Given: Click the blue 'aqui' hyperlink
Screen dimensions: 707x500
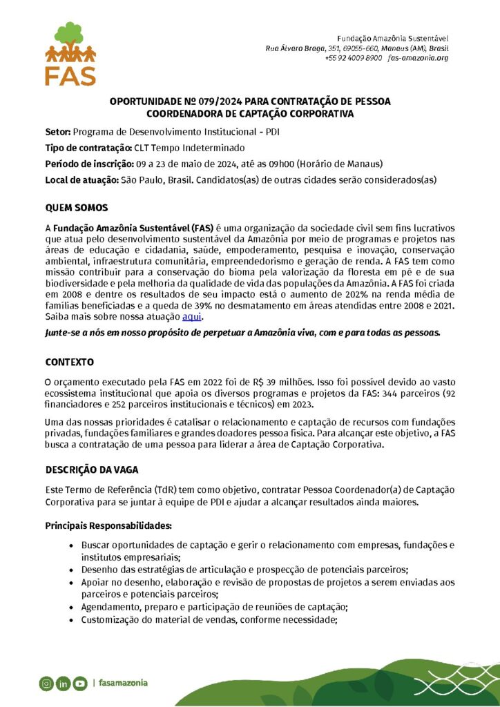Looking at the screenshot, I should tap(191, 316).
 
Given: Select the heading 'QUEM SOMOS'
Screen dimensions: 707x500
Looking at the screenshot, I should tap(76, 208).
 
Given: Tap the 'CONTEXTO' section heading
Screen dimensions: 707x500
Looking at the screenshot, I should tap(69, 362).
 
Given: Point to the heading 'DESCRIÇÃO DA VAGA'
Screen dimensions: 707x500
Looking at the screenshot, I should tap(92, 469).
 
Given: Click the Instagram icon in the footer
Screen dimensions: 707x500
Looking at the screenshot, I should tap(46, 684).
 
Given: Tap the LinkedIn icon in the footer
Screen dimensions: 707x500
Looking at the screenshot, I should tap(64, 684).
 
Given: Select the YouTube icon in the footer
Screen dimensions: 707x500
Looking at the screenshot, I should tap(80, 684).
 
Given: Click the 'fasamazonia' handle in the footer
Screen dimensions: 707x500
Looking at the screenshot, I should tap(123, 683).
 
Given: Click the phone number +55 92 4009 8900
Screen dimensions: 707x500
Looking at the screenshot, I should tap(353, 58).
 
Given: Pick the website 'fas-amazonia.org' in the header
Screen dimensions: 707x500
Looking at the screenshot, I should tap(419, 58).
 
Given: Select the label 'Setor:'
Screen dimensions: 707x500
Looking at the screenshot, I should tap(58, 131).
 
